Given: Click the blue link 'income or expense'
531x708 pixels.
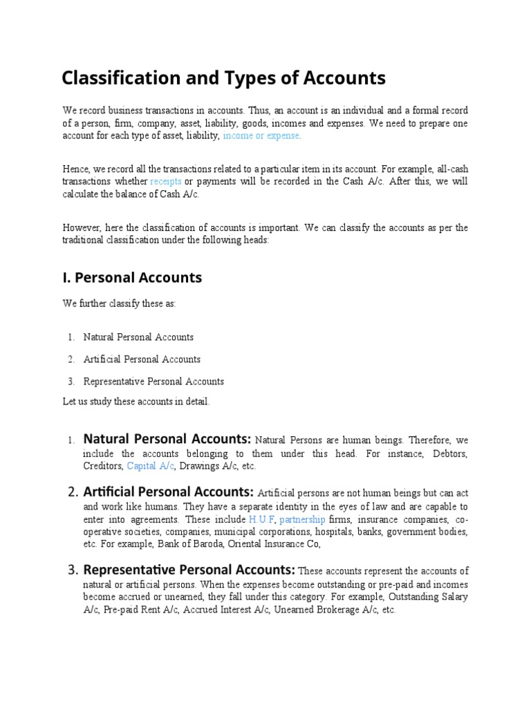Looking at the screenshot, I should (261, 136).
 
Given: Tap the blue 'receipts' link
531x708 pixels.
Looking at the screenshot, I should (166, 181).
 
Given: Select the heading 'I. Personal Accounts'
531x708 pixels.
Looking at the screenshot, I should (132, 277).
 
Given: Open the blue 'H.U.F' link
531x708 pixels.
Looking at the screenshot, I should (262, 519).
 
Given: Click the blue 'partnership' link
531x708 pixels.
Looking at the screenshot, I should (302, 519).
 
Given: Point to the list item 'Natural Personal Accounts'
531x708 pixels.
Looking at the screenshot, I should (138, 337).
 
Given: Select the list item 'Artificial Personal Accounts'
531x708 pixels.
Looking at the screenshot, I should (142, 360).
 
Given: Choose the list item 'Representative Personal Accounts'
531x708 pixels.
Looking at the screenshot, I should (153, 382).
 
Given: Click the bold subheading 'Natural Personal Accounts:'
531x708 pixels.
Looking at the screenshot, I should (167, 439).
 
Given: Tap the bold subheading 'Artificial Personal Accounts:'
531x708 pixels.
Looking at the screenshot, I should (169, 492).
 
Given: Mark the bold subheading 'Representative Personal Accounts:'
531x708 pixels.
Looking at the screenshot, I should (189, 570).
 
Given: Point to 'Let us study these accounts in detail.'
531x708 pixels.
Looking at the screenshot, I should (136, 402).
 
